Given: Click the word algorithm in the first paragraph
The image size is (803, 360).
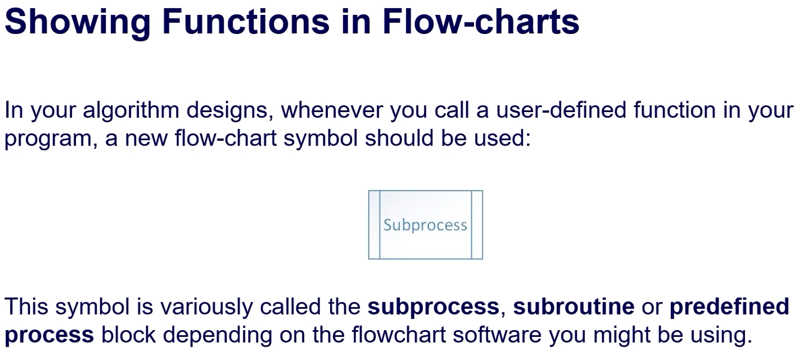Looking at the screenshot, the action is pyautogui.click(x=131, y=110).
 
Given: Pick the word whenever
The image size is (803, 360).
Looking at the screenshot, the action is pyautogui.click(x=331, y=110).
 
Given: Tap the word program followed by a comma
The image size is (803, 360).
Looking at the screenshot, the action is pyautogui.click(x=51, y=139).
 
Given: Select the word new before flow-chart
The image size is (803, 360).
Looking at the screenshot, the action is pyautogui.click(x=146, y=139).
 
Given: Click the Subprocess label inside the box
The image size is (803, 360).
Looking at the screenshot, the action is pyautogui.click(x=425, y=225).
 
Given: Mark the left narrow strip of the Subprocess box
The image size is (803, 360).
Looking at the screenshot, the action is pyautogui.click(x=374, y=225).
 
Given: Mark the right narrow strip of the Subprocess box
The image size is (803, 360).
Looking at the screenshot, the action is pyautogui.click(x=477, y=225).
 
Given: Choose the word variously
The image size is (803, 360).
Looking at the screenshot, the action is pyautogui.click(x=206, y=307).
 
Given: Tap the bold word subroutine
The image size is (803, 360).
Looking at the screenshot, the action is pyautogui.click(x=573, y=307).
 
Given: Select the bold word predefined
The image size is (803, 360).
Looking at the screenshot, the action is pyautogui.click(x=729, y=307).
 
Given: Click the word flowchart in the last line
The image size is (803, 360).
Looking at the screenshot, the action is pyautogui.click(x=399, y=335).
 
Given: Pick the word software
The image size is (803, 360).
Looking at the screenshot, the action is pyautogui.click(x=497, y=335).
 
